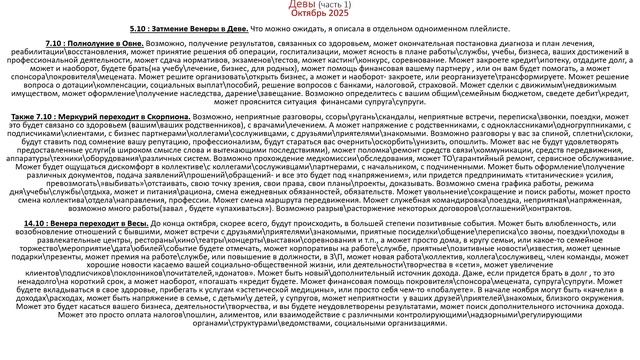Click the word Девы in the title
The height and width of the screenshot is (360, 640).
pyautogui.click(x=292, y=6)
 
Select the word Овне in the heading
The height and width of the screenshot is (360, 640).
pyautogui.click(x=137, y=47)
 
